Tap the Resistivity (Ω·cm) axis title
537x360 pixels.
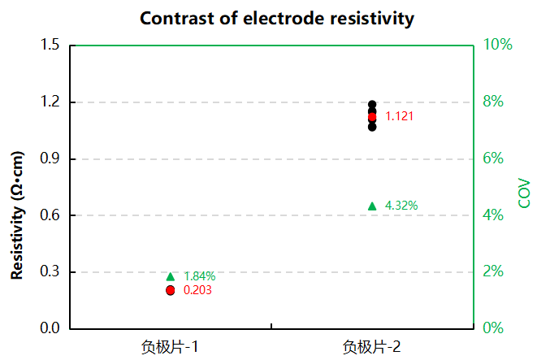click(18, 215)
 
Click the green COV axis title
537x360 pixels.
click(524, 193)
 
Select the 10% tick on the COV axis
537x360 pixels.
click(499, 45)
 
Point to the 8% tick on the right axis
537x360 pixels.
click(494, 102)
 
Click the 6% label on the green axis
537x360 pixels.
click(494, 158)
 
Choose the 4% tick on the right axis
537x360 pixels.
click(494, 215)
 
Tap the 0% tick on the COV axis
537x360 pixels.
click(494, 328)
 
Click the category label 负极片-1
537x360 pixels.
click(170, 348)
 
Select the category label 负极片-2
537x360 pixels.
click(371, 348)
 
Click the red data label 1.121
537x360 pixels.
click(400, 116)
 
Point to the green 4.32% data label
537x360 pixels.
click(401, 206)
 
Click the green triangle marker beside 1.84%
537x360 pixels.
click(171, 277)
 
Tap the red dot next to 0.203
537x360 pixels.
click(171, 290)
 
